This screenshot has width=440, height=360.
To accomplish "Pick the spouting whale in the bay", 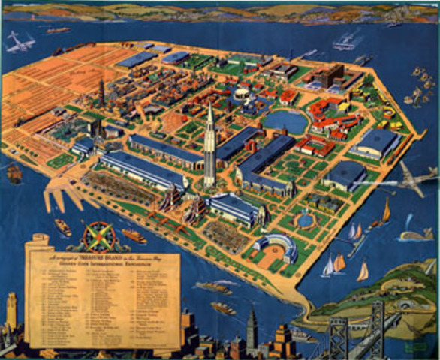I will coord(415,234).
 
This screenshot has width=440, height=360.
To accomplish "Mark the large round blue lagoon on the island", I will coord(286,121).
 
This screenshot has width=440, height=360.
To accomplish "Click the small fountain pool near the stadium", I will coord(304,220).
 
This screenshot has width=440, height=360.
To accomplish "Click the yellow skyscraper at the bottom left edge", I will coord(11,311).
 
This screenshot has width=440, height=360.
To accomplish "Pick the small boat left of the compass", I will coord(63,227).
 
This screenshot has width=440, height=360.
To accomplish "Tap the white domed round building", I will coord(242,93).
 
